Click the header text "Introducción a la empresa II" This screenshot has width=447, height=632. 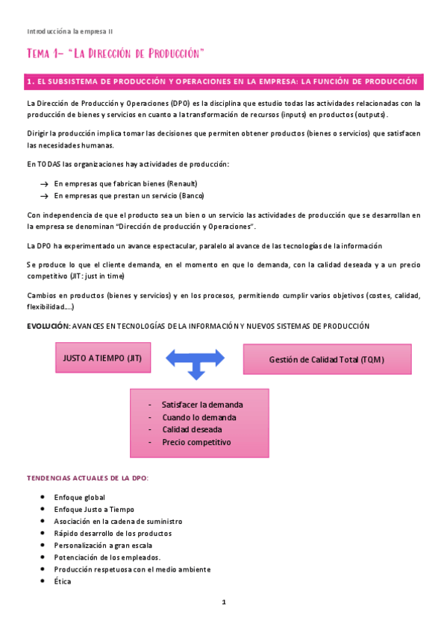pos(69,31)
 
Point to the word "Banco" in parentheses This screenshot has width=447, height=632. pos(192,195)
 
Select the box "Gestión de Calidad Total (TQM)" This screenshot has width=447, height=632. pos(327,360)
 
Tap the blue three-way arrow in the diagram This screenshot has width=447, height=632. pos(196,361)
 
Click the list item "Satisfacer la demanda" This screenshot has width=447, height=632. pos(202,405)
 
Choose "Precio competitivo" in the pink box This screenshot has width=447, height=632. pos(196,442)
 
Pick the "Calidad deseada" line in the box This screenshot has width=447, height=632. pos(192,429)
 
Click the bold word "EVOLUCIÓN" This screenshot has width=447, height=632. pos(48,326)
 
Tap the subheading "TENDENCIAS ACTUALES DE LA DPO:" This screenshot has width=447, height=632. pos(87,478)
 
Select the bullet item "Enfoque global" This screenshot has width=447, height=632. pos(79,497)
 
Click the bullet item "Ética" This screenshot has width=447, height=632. pos(63,581)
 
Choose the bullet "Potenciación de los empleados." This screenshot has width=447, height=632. pos(107,557)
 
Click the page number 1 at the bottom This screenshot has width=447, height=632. pos(223,602)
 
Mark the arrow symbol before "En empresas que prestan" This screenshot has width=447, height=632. pos(44,195)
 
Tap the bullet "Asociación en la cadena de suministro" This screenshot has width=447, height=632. pos(118,521)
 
